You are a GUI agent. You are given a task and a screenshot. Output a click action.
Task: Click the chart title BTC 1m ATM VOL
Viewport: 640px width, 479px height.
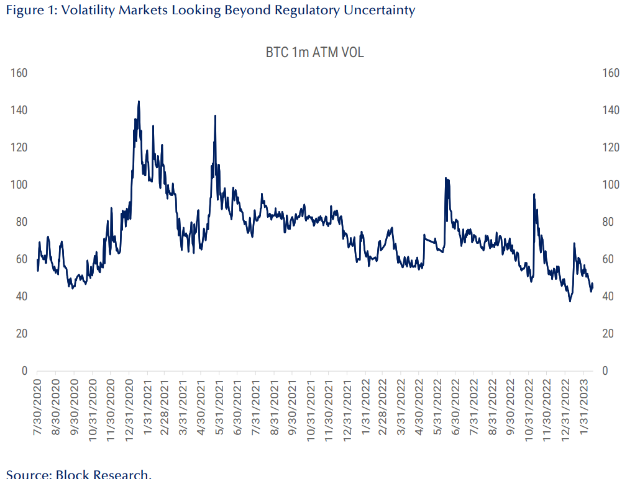click(x=314, y=53)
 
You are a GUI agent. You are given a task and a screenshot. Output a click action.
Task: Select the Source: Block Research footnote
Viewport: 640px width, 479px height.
click(x=78, y=475)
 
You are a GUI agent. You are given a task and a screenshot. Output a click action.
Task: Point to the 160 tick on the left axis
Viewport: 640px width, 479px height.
click(x=19, y=73)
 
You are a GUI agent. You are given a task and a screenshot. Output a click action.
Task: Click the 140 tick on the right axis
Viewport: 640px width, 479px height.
click(x=611, y=110)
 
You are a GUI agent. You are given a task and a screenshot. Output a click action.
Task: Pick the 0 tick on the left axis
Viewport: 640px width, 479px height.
click(x=24, y=371)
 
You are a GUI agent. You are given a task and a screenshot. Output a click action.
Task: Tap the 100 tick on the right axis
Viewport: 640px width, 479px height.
click(x=611, y=185)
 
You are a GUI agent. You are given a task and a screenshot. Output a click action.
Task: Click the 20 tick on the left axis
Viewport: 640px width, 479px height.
click(x=22, y=334)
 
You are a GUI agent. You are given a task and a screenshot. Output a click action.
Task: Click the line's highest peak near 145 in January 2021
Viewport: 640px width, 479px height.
click(x=139, y=101)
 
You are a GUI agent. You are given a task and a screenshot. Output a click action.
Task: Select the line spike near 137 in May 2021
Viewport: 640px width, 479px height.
click(x=215, y=115)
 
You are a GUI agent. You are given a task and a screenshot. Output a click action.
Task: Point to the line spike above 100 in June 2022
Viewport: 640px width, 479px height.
click(x=446, y=178)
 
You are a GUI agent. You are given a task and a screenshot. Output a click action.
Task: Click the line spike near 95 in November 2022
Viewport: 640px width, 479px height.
click(x=534, y=194)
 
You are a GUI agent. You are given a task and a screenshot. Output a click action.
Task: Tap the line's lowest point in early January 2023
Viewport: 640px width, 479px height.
click(x=570, y=302)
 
